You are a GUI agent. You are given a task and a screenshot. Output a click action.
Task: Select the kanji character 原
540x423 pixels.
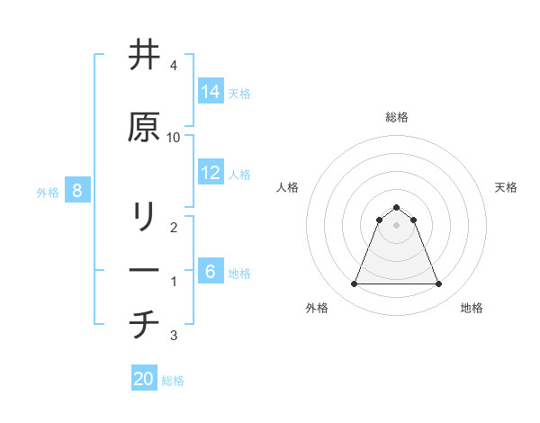[x=144, y=128]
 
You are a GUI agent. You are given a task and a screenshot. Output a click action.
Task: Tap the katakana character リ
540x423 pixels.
[x=144, y=217]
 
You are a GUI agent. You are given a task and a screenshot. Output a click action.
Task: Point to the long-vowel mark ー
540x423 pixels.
[x=144, y=270]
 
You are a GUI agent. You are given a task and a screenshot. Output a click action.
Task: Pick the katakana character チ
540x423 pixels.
[x=144, y=324]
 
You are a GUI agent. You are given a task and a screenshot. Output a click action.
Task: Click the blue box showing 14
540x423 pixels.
[x=210, y=92]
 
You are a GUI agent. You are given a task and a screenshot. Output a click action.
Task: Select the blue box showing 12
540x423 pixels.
[x=210, y=173]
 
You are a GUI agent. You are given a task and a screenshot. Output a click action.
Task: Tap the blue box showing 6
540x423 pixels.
[x=210, y=272]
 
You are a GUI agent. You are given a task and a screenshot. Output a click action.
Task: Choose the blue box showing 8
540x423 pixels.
[x=77, y=191]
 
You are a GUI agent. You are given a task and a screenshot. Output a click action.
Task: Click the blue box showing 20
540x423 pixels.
[x=144, y=379]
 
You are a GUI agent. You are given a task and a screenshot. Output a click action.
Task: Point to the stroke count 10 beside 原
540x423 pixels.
[x=174, y=137]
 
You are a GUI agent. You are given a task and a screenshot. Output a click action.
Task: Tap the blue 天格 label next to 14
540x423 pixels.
[x=239, y=93]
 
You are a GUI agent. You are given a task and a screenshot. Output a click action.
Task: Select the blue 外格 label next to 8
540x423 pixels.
[x=48, y=192]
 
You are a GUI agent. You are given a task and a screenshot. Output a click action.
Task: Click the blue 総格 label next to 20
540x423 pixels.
[x=173, y=380]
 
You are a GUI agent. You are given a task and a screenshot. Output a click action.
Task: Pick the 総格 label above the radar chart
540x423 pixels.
[x=396, y=117]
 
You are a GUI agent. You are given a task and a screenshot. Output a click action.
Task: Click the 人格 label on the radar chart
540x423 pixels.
[x=287, y=187]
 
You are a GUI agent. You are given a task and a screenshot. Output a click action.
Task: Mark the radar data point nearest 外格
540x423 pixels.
[x=354, y=284]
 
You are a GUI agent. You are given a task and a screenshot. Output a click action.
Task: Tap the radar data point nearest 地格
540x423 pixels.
[x=438, y=284]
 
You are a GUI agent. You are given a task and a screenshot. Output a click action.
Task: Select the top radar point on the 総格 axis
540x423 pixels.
[x=396, y=207]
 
